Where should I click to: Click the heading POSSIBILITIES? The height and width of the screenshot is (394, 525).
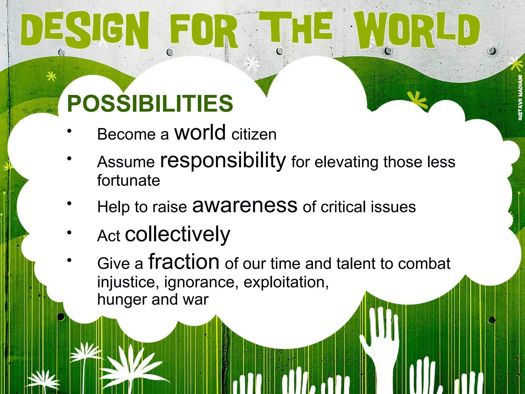150,103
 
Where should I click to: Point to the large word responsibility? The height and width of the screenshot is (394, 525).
223,161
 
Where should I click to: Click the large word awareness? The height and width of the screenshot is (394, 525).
245,206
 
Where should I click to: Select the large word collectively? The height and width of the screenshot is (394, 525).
177,234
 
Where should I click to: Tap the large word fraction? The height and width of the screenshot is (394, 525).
184,262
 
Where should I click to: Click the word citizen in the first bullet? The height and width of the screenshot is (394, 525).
254,134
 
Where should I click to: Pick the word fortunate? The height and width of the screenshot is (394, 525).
128,180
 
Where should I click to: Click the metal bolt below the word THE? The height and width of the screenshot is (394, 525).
280,51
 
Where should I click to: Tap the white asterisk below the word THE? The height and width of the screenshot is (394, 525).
253,64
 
